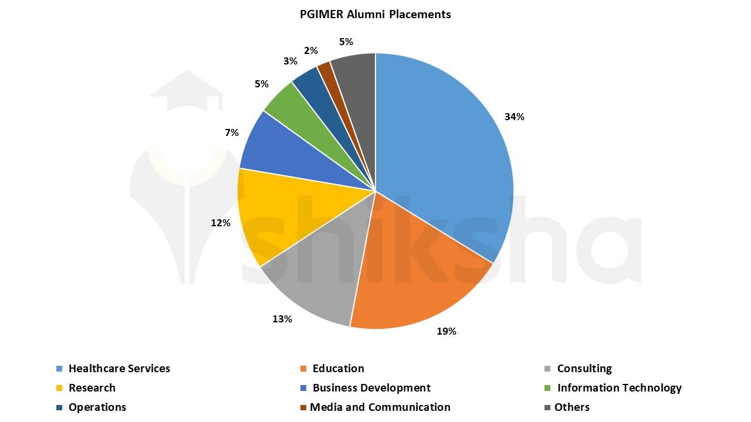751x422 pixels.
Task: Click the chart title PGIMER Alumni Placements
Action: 375,14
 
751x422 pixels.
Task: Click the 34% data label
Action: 515,117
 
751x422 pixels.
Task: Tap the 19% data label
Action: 446,331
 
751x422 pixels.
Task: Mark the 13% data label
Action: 282,319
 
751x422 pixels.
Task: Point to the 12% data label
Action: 221,223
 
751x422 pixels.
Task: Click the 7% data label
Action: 232,133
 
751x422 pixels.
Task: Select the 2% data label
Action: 311,51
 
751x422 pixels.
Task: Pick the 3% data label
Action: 290,61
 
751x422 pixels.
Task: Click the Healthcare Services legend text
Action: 119,369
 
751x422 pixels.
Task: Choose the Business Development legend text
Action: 371,388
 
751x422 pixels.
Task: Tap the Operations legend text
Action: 97,407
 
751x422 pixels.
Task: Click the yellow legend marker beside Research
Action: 59,388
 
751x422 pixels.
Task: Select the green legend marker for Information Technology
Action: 548,388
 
